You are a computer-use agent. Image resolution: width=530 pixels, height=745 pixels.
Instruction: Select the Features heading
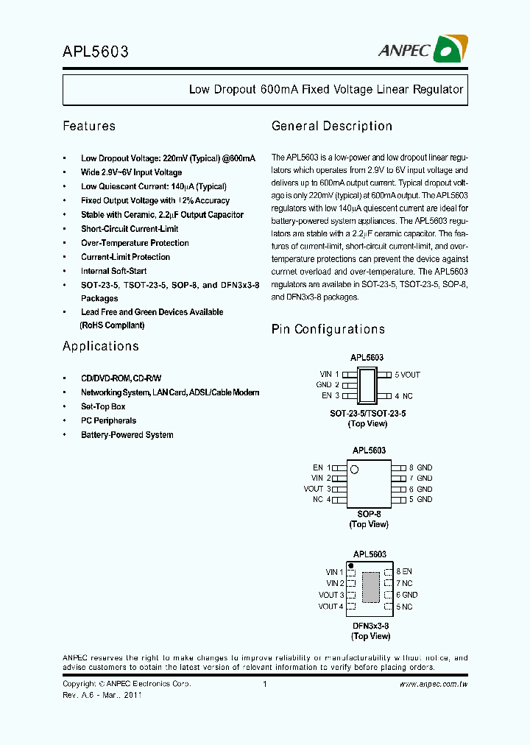[89, 126]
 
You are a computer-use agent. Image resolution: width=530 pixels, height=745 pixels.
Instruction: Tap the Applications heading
[100, 346]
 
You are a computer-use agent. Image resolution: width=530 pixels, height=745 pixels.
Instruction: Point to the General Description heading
[331, 126]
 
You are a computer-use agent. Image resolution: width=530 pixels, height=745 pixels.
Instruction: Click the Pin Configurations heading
[328, 329]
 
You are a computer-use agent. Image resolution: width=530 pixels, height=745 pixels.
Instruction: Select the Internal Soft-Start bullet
[113, 271]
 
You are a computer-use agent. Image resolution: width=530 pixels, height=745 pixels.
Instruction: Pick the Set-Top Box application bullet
[103, 406]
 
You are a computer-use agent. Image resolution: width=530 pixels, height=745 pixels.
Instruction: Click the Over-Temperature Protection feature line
[135, 243]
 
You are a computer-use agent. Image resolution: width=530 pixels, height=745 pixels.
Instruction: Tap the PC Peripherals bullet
[108, 420]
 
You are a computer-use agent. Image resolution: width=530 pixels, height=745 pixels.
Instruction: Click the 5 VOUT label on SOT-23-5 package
[407, 375]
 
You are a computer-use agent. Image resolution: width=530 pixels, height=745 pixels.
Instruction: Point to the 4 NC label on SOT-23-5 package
[404, 396]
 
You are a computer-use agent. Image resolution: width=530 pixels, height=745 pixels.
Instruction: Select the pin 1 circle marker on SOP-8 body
[354, 469]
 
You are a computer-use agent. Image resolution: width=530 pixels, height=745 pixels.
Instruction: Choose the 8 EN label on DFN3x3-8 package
[404, 571]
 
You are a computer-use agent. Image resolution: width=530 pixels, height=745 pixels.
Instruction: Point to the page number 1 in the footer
[264, 685]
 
